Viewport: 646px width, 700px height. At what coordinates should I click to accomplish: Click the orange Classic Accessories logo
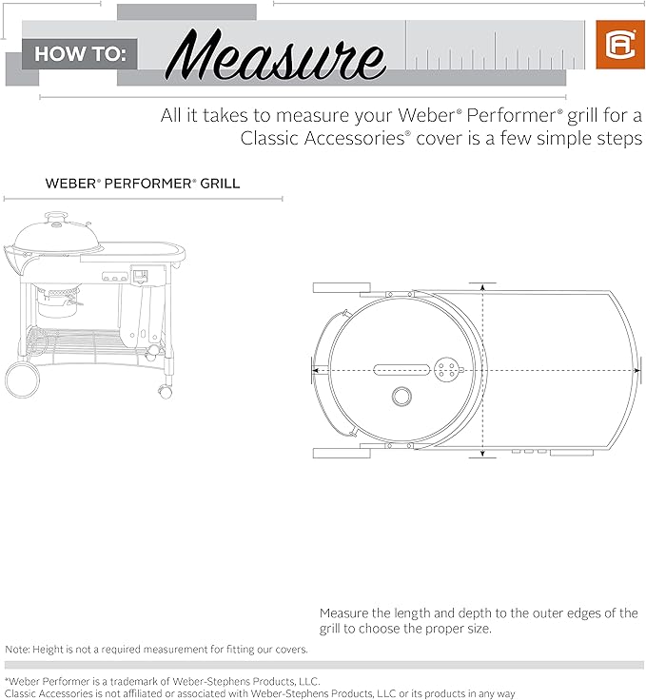pyautogui.click(x=620, y=45)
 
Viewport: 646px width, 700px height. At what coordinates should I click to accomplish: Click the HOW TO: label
pyautogui.click(x=80, y=54)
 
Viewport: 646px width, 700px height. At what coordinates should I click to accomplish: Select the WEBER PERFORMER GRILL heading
pyautogui.click(x=143, y=184)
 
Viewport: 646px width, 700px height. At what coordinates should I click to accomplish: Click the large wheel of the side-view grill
pyautogui.click(x=22, y=379)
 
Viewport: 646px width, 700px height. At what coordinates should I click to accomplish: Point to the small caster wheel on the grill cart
pyautogui.click(x=165, y=392)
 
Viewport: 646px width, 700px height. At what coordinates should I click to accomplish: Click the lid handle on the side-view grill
pyautogui.click(x=56, y=218)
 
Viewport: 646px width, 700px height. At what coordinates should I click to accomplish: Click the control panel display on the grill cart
pyautogui.click(x=140, y=276)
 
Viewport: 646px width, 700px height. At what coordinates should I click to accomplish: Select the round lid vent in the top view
pyautogui.click(x=445, y=370)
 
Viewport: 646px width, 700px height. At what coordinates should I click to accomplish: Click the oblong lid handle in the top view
pyautogui.click(x=401, y=370)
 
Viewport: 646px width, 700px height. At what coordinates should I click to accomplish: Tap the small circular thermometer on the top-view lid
pyautogui.click(x=401, y=396)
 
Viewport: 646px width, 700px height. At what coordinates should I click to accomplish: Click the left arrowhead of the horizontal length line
pyautogui.click(x=315, y=370)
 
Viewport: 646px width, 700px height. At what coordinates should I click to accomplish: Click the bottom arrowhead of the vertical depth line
pyautogui.click(x=482, y=454)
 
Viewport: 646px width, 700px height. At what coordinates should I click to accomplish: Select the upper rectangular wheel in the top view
pyautogui.click(x=342, y=287)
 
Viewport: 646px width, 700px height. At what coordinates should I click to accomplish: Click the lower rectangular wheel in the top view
pyautogui.click(x=342, y=453)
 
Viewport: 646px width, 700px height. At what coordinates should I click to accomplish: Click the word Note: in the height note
pyautogui.click(x=17, y=649)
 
